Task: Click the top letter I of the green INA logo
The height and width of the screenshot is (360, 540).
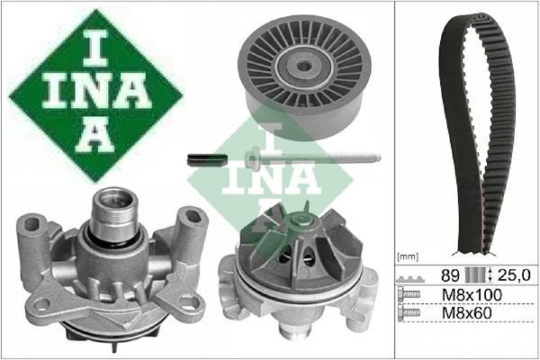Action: (95, 49)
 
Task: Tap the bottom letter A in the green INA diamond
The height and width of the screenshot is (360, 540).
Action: (95, 138)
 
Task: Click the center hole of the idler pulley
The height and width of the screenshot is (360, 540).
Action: (304, 66)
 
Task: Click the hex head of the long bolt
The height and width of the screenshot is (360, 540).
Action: (252, 158)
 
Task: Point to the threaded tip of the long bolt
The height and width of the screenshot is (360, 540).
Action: (375, 157)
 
